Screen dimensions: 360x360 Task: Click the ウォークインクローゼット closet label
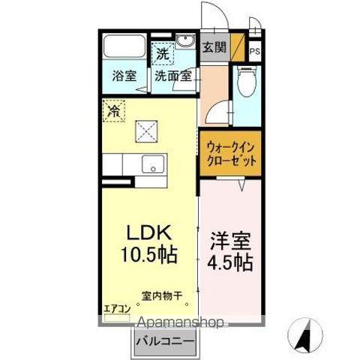[x=229, y=154]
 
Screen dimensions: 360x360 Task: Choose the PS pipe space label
[x=255, y=51]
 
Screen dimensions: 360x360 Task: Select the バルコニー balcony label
[x=166, y=342]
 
